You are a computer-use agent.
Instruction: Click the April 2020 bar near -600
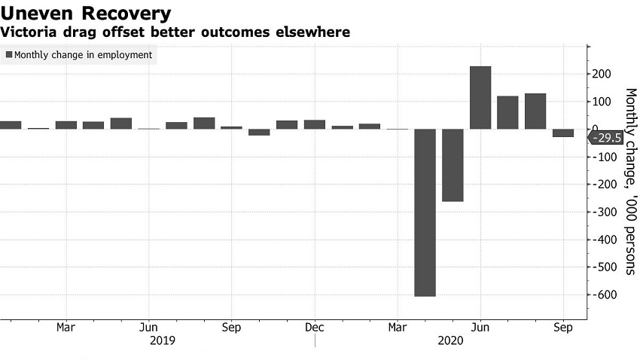(425, 212)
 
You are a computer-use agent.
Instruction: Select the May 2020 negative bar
(453, 165)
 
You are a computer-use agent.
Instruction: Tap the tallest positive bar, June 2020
(480, 97)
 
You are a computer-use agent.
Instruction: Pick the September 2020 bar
(563, 133)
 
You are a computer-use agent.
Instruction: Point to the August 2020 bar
(535, 111)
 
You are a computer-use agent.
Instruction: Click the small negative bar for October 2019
(259, 132)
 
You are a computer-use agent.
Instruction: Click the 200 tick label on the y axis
(601, 74)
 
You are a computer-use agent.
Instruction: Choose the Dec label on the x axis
(315, 328)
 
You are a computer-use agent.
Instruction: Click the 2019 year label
(163, 340)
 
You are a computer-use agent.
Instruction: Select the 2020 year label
(452, 340)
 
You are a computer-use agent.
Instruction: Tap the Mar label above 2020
(398, 328)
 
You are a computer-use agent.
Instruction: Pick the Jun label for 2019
(149, 328)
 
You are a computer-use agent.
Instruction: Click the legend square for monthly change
(9, 55)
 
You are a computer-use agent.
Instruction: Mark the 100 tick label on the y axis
(601, 102)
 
